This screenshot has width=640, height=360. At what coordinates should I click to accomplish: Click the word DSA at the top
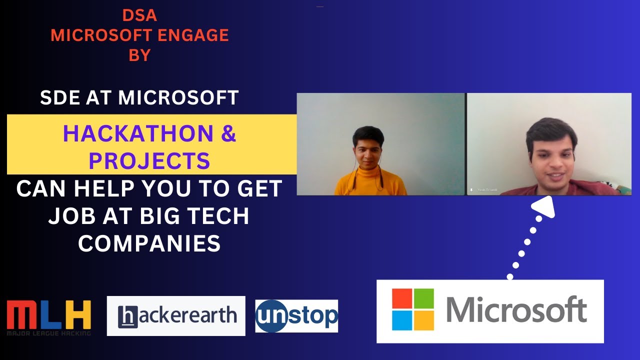(139, 16)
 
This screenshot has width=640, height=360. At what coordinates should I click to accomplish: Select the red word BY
(139, 55)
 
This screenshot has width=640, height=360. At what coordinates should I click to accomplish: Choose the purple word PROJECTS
(149, 160)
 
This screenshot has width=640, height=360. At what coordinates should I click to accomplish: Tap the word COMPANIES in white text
(149, 243)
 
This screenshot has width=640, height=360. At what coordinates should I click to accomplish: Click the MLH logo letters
(48, 314)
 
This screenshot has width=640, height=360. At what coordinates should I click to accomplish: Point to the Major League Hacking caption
(48, 333)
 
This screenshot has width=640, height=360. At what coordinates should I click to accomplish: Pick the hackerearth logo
(176, 315)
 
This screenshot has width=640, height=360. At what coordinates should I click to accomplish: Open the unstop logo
(296, 316)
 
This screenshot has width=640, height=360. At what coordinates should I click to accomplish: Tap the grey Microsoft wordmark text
(516, 310)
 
